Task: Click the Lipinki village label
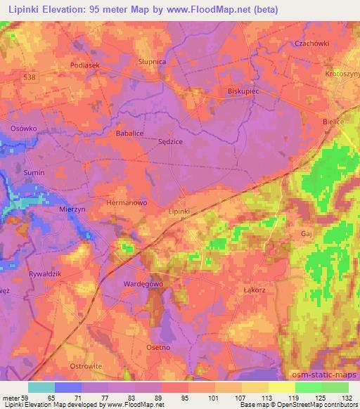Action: click(x=179, y=210)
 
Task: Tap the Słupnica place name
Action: click(x=153, y=62)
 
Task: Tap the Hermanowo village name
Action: click(x=126, y=202)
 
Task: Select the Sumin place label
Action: click(x=34, y=172)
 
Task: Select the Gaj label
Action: click(x=306, y=233)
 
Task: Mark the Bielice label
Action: click(x=333, y=122)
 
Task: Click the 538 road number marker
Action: click(x=28, y=77)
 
